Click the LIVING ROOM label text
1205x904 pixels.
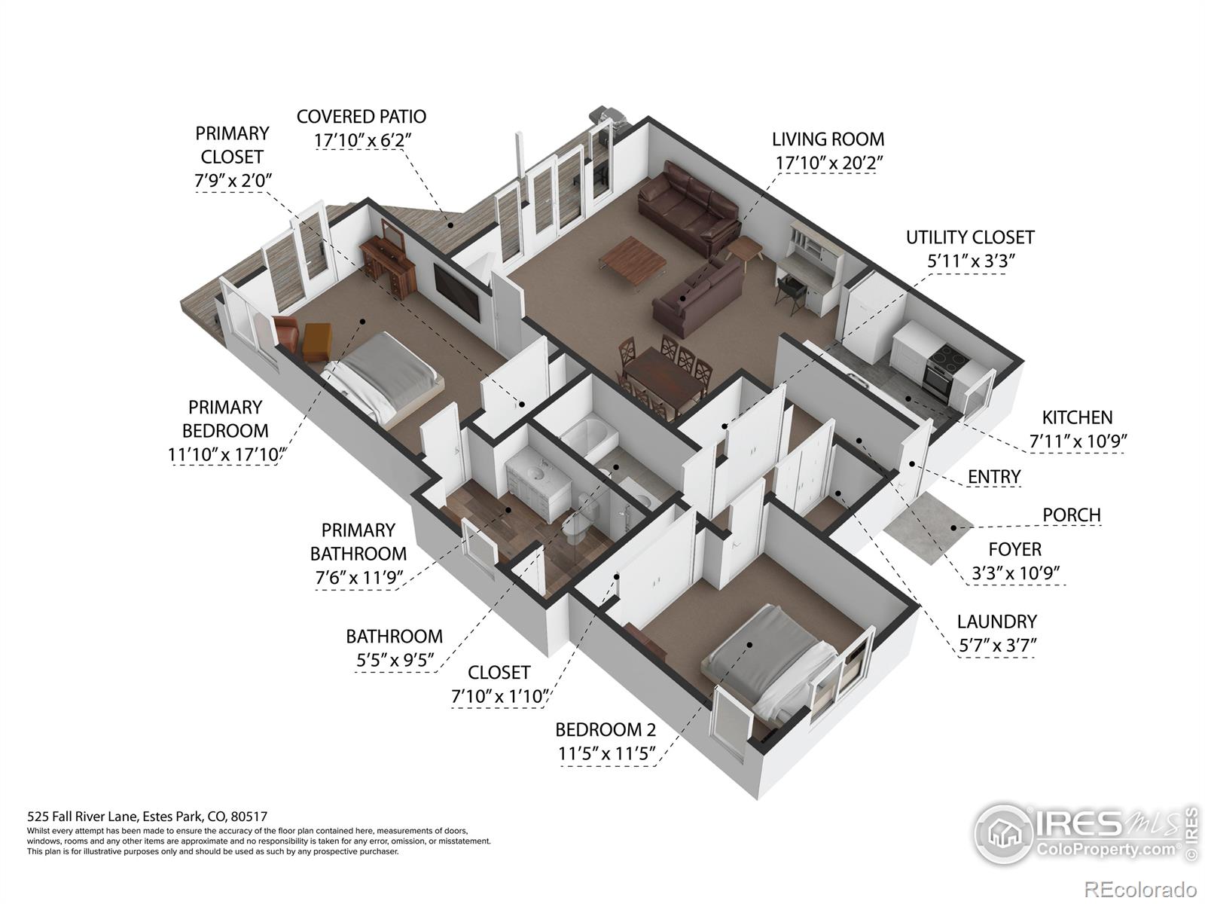click(828, 139)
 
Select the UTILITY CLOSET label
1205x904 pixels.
click(970, 237)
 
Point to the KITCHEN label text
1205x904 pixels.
click(1077, 417)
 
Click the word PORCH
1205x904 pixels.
click(1071, 515)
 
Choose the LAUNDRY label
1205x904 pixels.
click(996, 621)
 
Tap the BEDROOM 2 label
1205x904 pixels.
click(606, 729)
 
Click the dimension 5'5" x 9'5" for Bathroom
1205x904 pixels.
click(395, 660)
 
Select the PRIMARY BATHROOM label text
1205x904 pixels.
click(358, 542)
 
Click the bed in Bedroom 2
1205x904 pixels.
click(768, 655)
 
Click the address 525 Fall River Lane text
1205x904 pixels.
click(147, 816)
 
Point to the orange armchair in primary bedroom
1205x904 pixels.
click(316, 343)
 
